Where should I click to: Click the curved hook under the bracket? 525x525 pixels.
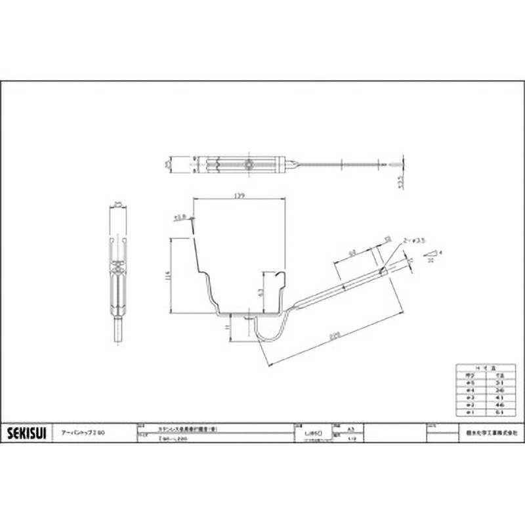click(270, 331)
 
